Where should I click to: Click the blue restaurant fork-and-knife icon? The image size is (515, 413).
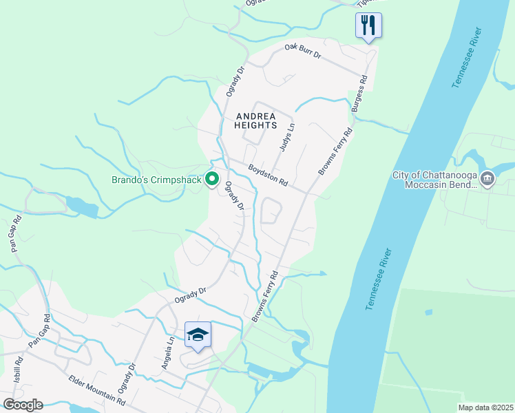368,26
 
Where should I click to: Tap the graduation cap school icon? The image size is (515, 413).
198,335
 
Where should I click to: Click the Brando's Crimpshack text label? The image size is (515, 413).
156,180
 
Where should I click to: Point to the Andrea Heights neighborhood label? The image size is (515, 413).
255,121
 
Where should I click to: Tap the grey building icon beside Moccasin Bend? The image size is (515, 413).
487,180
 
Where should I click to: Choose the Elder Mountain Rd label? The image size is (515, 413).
96,390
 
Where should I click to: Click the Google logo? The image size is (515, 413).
23,405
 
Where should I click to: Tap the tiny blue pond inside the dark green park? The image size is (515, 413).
429,312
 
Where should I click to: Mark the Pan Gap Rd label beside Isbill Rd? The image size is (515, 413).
41,331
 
